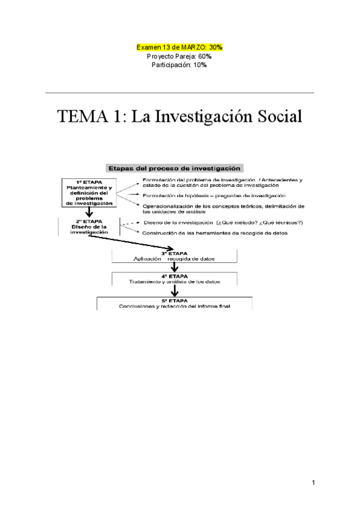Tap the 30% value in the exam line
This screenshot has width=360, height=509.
pos(216,46)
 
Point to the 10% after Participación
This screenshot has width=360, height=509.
pos(200,65)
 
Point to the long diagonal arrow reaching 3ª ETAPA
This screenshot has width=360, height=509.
pos(132,242)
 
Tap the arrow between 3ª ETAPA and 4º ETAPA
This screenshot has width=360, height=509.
pos(175,267)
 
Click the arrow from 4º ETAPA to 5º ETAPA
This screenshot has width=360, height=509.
pos(175,291)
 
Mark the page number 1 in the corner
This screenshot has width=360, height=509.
pos(313,481)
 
